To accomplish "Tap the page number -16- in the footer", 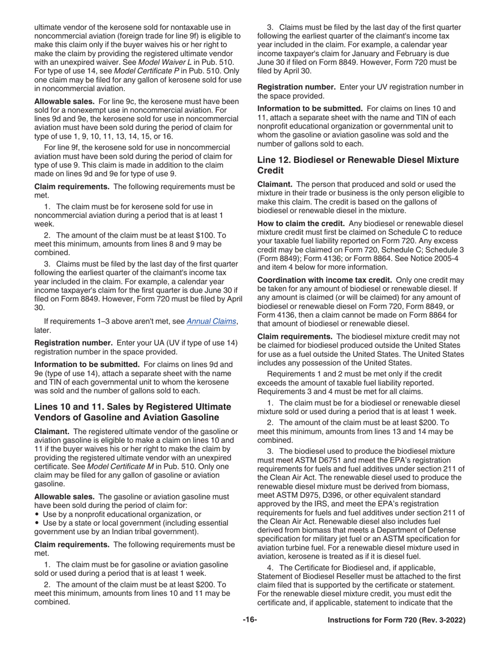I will (x=249, y=620).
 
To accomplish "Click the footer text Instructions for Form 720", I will (x=396, y=621).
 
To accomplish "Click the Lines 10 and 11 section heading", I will (x=132, y=412).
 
